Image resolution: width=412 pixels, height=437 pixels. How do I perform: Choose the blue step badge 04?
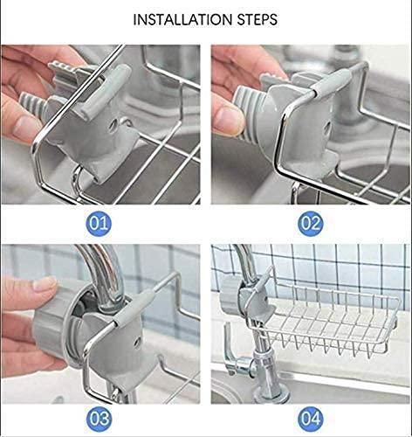click(x=311, y=418)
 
